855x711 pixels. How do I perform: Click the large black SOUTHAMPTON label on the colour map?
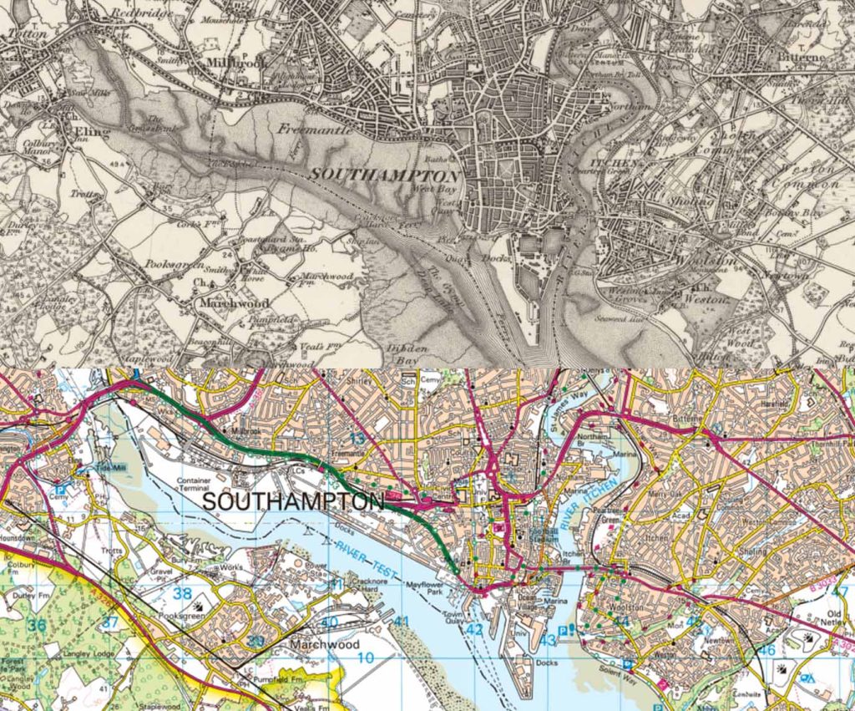(x=293, y=502)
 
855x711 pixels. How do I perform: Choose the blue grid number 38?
(x=184, y=594)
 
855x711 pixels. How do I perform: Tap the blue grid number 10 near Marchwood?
(x=365, y=658)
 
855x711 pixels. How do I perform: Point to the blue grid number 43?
(x=548, y=640)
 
